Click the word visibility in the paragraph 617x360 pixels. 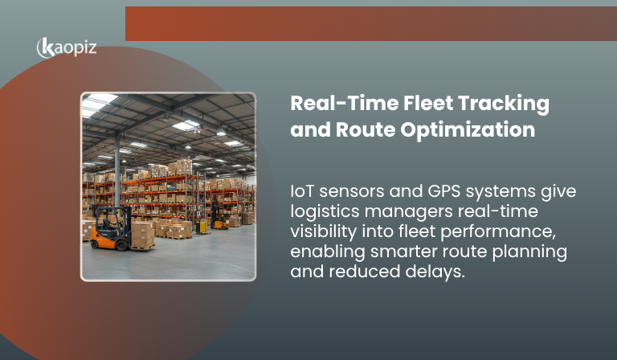coord(324,232)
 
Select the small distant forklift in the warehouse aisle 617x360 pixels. coord(218,215)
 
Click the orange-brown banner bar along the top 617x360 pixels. coord(370,23)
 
